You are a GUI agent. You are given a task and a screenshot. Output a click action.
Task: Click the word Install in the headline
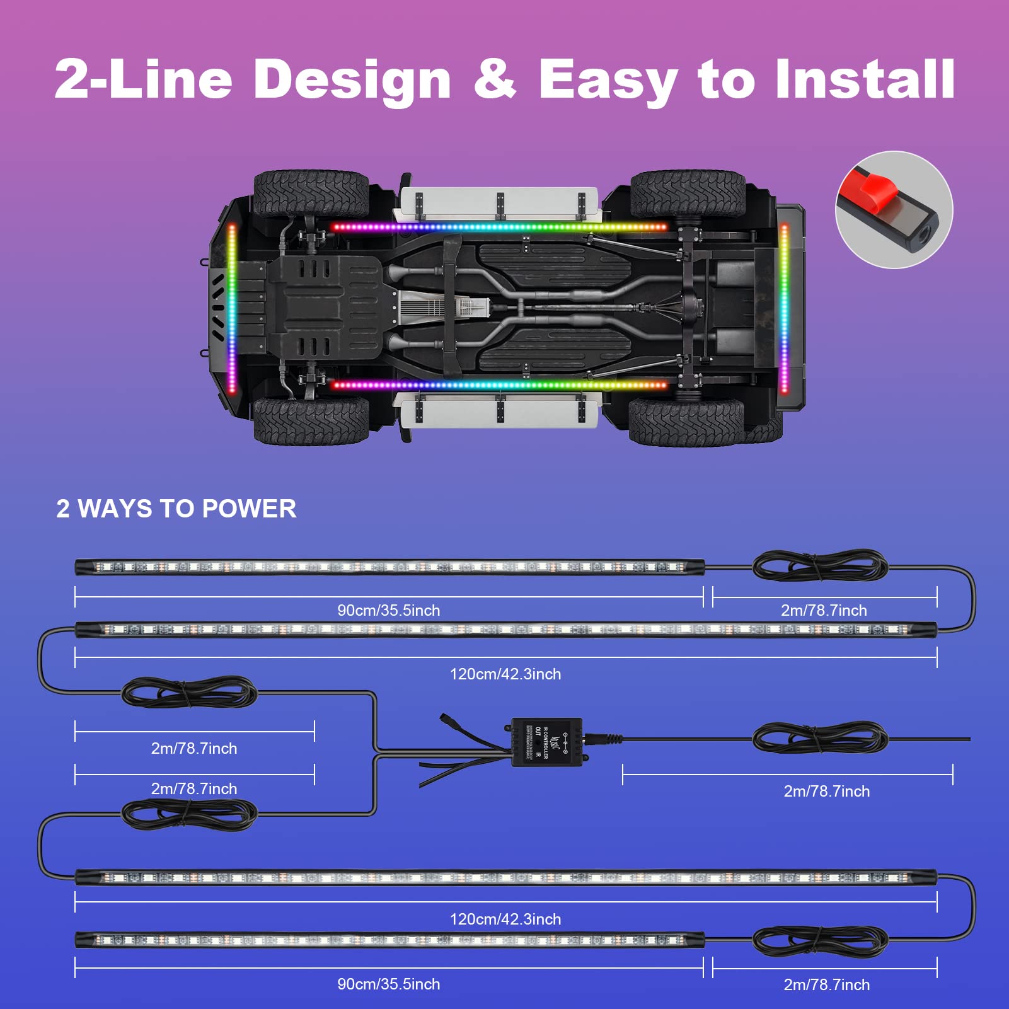pos(865,80)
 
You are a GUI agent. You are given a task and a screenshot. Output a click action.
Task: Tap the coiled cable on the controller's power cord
pos(820,738)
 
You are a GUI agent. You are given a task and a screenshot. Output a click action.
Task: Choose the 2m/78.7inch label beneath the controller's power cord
pos(826,791)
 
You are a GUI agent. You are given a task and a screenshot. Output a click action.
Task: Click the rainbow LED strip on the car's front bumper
pos(232,308)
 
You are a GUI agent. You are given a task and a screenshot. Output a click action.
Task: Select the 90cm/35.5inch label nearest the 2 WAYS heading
pos(388,610)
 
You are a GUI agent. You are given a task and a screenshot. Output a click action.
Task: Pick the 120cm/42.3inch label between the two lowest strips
pos(505,919)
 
